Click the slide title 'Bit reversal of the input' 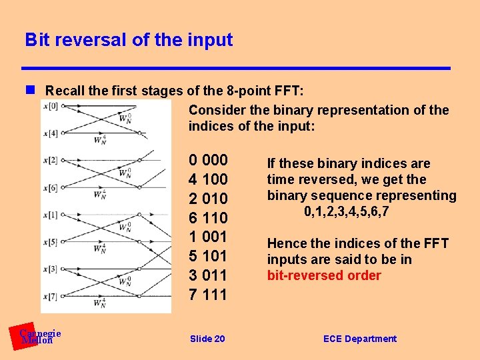tap(129, 40)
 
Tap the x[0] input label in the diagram tap(50, 106)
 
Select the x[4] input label tap(50, 133)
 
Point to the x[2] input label tap(50, 160)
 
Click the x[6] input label tap(50, 187)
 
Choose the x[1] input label tap(50, 215)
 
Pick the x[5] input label tap(50, 242)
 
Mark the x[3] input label tap(50, 269)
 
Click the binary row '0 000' tap(208, 161)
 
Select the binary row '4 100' tap(208, 180)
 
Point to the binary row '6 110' tap(208, 218)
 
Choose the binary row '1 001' tap(208, 237)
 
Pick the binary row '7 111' tap(208, 295)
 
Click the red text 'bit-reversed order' tap(324, 276)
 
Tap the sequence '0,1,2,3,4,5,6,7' tap(346, 212)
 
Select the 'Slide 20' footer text tap(207, 339)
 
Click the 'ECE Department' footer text tap(359, 339)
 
